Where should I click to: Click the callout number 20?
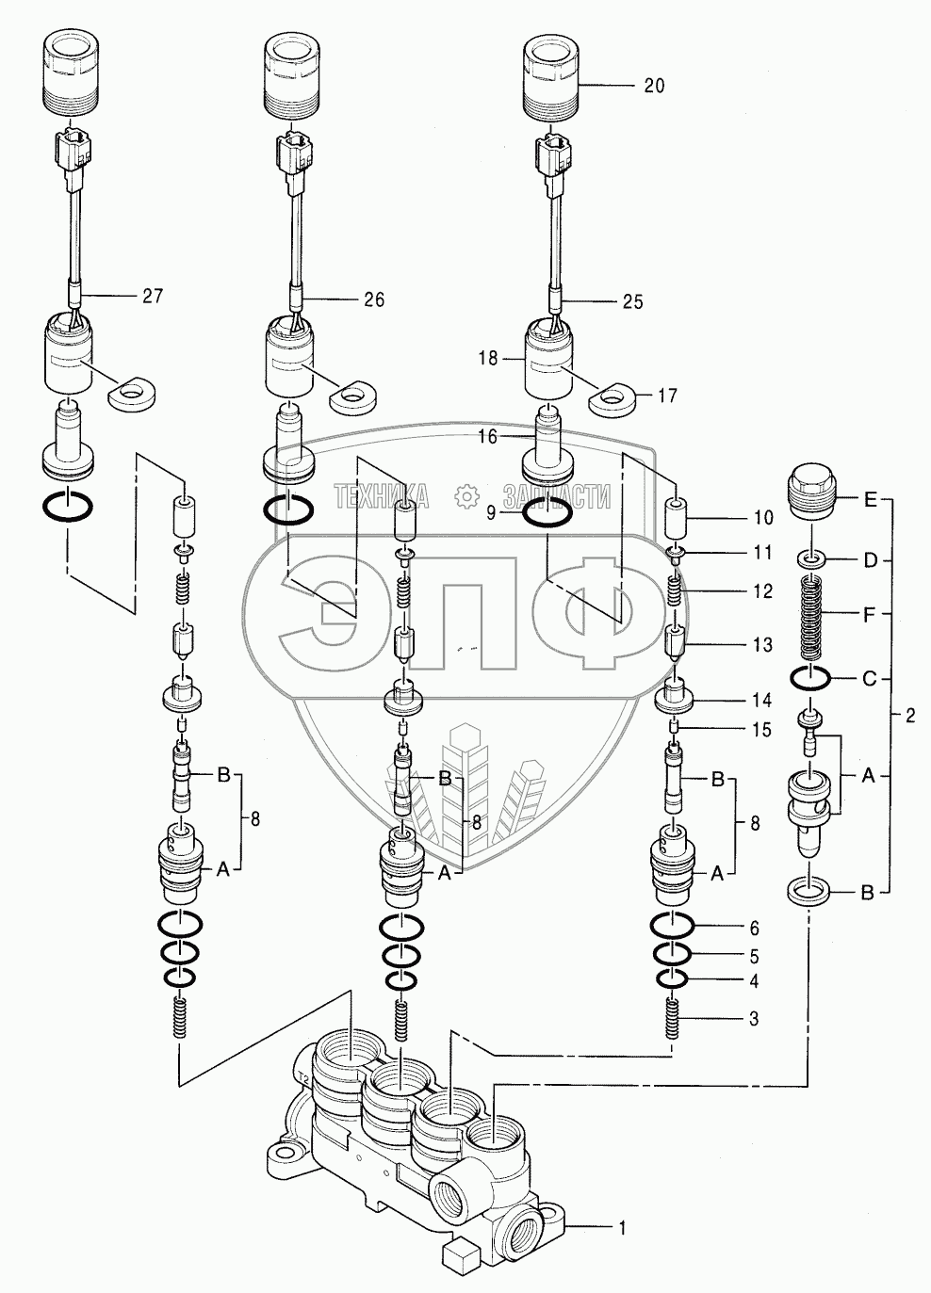click(x=654, y=86)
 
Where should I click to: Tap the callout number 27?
click(x=153, y=296)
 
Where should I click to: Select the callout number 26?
click(x=374, y=299)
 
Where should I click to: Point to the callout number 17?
click(x=667, y=396)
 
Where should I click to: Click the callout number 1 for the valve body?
click(x=621, y=1228)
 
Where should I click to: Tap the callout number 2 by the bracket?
click(x=909, y=716)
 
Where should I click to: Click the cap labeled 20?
click(x=549, y=73)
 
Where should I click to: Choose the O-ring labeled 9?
click(x=547, y=514)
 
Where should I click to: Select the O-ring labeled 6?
click(x=674, y=927)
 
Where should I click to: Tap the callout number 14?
click(x=761, y=701)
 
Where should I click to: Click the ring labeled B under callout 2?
click(x=808, y=890)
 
